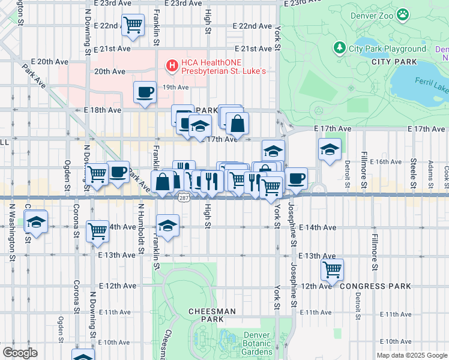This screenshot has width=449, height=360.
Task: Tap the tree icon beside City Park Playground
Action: tap(340, 48)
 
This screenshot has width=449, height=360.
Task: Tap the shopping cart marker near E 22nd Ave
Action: tap(133, 25)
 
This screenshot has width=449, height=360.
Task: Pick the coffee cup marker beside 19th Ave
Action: tap(145, 92)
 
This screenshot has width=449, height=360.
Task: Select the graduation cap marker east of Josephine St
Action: tap(329, 150)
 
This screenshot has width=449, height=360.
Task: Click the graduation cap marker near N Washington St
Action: tap(36, 223)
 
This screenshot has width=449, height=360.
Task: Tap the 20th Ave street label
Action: tap(110, 71)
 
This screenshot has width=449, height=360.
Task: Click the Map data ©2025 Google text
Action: tap(411, 355)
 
